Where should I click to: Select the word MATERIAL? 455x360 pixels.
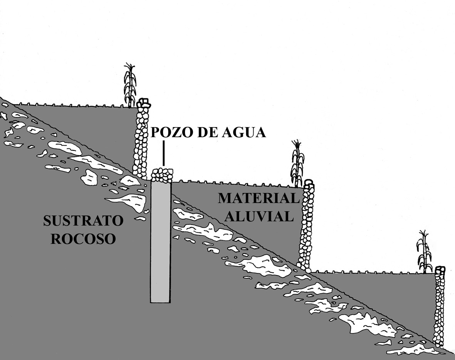[259, 198]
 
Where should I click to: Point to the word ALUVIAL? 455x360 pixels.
[260, 216]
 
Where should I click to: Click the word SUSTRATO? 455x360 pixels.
[83, 220]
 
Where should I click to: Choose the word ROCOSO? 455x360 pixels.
[83, 239]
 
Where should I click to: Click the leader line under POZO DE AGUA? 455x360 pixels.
[164, 153]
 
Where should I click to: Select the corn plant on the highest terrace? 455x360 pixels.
[130, 85]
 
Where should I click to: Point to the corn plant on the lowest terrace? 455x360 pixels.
[425, 251]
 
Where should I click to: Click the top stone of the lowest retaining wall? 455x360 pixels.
[440, 269]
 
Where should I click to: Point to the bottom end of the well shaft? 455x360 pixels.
[160, 303]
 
